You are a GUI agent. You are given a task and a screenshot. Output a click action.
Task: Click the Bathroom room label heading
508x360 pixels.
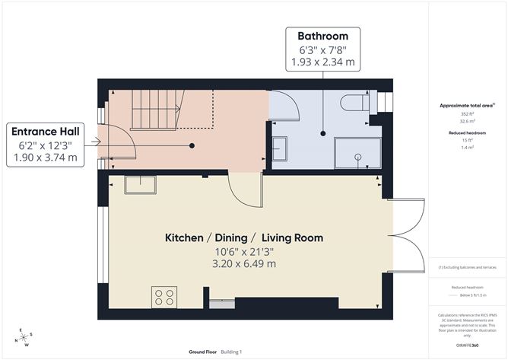click(322, 36)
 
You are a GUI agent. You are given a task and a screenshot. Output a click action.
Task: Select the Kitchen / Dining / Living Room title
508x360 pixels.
click(244, 238)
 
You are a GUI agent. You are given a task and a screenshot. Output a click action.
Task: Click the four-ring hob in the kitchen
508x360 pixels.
click(164, 296)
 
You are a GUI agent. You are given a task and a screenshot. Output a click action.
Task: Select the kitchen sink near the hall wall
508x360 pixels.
click(141, 184)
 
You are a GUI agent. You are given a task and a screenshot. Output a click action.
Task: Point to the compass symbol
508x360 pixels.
click(26, 336)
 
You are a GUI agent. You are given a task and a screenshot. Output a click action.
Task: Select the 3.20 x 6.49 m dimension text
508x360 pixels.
click(244, 263)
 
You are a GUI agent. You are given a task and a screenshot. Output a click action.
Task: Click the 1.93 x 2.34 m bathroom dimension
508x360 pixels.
click(322, 63)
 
